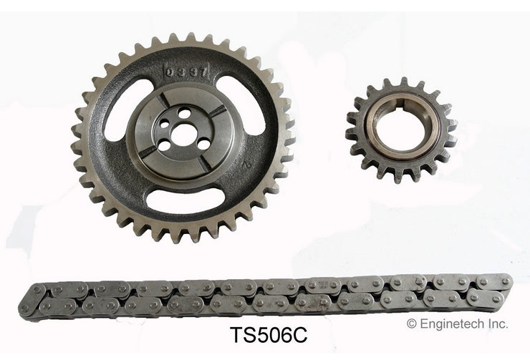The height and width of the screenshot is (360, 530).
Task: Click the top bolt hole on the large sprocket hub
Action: point(183,112)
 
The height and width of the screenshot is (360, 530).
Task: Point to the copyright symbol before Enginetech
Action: point(411,324)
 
